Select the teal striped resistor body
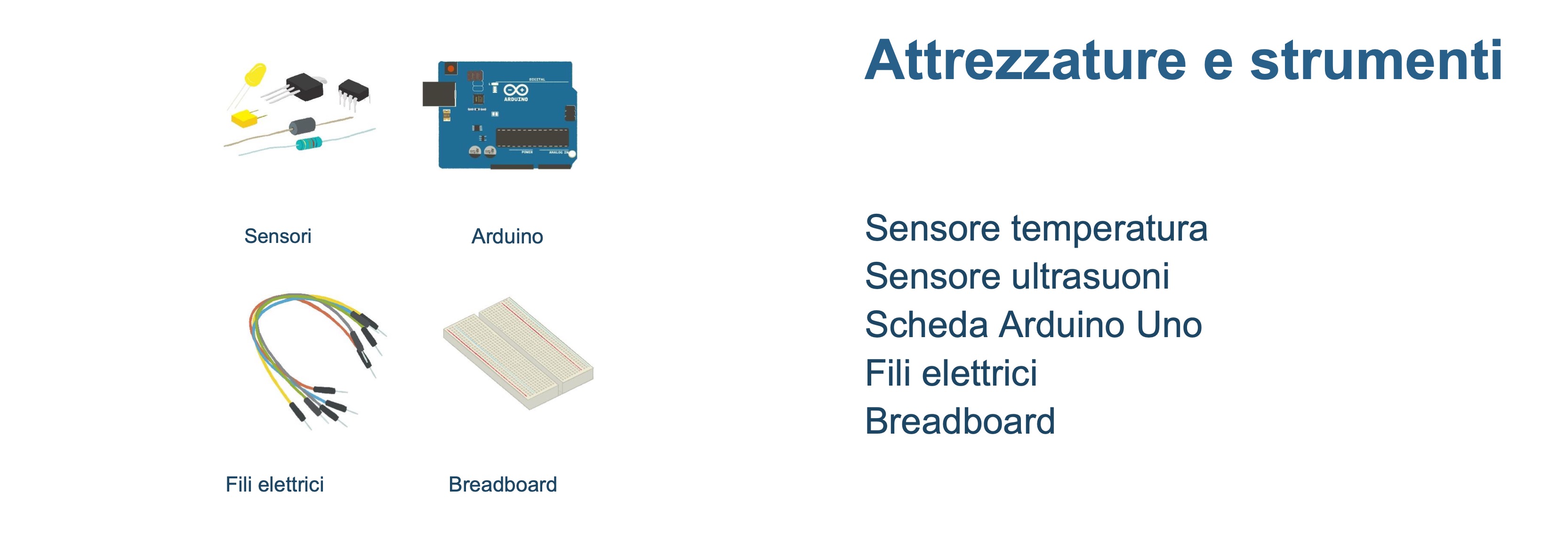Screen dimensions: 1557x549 click(309, 143)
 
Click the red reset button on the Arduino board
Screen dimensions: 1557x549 click(450, 69)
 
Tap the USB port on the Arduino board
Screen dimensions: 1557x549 click(439, 94)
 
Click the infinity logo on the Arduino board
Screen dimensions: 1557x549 click(515, 90)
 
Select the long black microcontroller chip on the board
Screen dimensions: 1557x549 click(532, 137)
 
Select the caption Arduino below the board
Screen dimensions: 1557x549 click(507, 236)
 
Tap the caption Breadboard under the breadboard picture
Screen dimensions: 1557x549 click(502, 484)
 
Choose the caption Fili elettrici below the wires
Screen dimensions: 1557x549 click(274, 484)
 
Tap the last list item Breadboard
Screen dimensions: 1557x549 click(960, 421)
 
